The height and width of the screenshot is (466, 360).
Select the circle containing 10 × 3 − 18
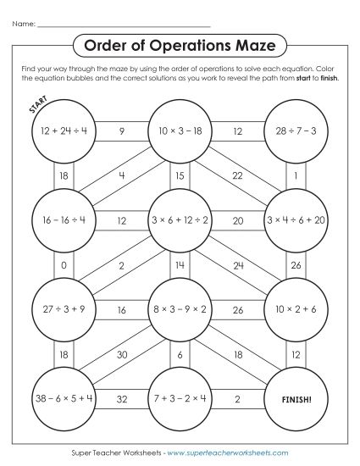pos(180,131)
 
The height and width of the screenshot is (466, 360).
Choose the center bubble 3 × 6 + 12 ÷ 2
pos(180,219)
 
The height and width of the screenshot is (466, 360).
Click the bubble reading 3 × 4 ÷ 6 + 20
pos(296,219)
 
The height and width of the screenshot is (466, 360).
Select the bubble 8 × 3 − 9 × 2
pos(180,308)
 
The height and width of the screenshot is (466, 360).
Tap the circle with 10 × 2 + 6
pos(296,308)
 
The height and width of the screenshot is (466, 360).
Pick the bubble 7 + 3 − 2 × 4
pos(180,396)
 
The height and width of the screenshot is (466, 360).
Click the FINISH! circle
pos(296,396)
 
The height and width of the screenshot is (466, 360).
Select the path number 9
pos(122,131)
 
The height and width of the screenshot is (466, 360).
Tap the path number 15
pos(180,175)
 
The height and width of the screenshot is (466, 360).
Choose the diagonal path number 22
pos(236,175)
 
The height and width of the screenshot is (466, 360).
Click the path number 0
pos(64,264)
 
